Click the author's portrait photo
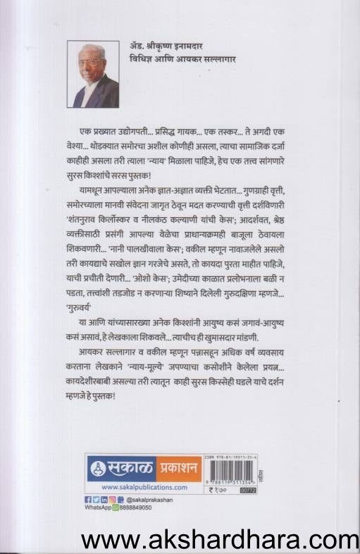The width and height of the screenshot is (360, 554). coord(94,73)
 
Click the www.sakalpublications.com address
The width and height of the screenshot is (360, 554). coord(144,486)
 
